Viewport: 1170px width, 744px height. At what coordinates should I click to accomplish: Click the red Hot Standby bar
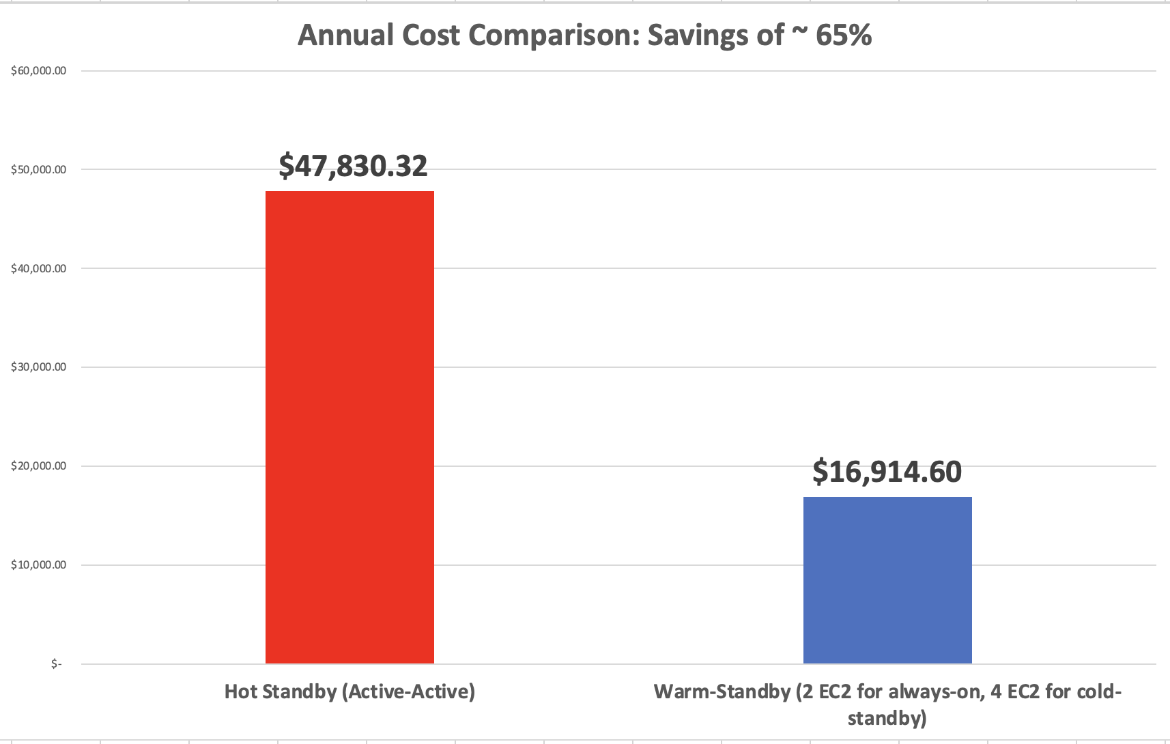(349, 427)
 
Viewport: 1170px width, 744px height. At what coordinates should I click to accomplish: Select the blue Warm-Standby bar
(887, 580)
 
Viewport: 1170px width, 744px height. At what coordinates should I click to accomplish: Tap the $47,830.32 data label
(353, 166)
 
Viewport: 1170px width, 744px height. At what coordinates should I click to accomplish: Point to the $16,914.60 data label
(887, 472)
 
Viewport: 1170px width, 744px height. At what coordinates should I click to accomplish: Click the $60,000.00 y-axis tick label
(39, 71)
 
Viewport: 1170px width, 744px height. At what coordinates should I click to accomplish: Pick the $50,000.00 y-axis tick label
(39, 170)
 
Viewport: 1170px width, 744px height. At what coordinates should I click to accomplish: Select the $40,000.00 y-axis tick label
(39, 269)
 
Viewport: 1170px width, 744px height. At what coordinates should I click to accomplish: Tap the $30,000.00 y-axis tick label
(39, 367)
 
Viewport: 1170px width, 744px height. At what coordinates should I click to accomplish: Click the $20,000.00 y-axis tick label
(39, 466)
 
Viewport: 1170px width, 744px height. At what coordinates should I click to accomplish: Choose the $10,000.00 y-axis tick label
(39, 565)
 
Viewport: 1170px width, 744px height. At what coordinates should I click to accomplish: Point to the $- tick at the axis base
(56, 664)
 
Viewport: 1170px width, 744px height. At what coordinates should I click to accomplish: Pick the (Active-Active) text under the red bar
(408, 691)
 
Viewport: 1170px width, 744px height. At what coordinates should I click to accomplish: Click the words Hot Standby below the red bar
(281, 691)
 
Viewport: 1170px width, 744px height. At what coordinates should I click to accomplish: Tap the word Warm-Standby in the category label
(722, 691)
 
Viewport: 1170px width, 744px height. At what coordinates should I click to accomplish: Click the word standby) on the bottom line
(887, 718)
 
